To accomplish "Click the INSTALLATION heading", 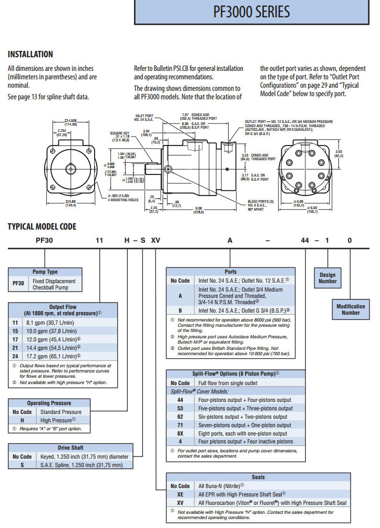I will (x=30, y=54).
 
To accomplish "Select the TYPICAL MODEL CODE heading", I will (x=42, y=226).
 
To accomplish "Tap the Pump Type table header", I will (x=45, y=272).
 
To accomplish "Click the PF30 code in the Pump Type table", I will (x=18, y=285).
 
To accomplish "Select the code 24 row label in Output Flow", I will (x=15, y=356).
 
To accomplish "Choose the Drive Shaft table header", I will (x=71, y=448).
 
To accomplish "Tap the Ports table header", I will (x=230, y=272).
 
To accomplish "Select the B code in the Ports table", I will (x=180, y=310).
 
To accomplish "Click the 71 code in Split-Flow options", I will (x=180, y=425).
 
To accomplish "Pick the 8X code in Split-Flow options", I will (x=180, y=433).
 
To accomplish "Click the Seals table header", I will (x=258, y=477).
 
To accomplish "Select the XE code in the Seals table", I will (x=180, y=494).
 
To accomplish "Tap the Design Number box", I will (x=327, y=277).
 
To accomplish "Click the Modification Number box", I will (x=351, y=309).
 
